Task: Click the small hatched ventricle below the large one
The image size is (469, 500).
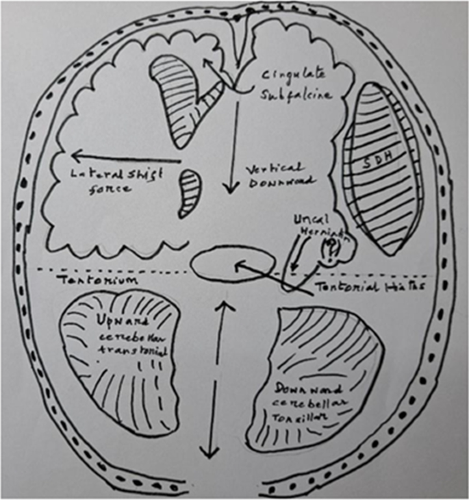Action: pyautogui.click(x=190, y=194)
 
